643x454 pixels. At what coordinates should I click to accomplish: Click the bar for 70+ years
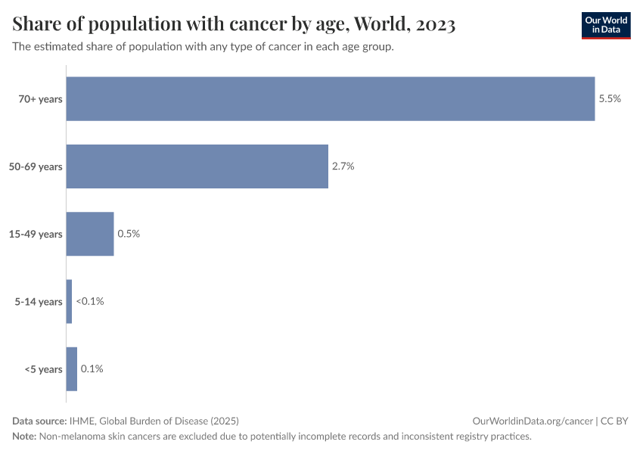[331, 99]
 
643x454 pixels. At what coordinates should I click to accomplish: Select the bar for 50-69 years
[197, 166]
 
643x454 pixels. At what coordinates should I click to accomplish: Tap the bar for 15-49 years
[90, 234]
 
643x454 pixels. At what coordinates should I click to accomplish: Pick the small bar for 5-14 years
[69, 301]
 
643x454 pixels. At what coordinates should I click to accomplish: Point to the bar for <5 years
[72, 368]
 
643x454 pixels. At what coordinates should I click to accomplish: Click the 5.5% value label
[610, 99]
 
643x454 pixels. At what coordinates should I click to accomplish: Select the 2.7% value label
[343, 166]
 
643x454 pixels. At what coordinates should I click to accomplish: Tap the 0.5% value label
[129, 234]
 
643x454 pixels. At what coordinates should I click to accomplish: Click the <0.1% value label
[90, 301]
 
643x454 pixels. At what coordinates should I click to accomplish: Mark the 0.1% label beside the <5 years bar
[92, 368]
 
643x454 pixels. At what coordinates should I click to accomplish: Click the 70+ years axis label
[41, 99]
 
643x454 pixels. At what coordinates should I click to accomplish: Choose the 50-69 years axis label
[35, 166]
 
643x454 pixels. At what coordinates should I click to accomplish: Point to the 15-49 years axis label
[35, 234]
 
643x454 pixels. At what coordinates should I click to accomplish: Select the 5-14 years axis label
[39, 302]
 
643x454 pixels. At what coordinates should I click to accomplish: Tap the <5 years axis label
[43, 369]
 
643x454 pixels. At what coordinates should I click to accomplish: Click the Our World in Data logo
[605, 25]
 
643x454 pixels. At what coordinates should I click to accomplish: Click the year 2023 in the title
[435, 25]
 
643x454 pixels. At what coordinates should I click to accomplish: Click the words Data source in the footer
[39, 421]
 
